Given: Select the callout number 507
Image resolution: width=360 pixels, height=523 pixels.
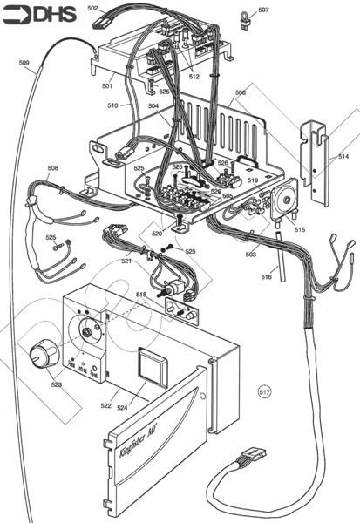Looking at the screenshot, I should click(263, 11).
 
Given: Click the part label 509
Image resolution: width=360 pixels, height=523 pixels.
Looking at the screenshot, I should click(24, 61).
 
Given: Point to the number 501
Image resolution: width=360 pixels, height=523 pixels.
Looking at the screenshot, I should click(107, 85).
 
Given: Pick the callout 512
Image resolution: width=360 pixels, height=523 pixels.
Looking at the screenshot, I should click(194, 77).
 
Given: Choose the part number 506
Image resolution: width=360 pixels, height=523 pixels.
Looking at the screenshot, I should click(241, 92).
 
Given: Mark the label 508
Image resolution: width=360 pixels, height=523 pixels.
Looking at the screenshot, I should click(53, 167).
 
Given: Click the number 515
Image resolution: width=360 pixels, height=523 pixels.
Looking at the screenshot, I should click(299, 229).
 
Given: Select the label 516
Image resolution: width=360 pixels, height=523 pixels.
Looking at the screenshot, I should click(267, 276).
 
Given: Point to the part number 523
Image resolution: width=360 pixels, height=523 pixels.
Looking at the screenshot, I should click(57, 384).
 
